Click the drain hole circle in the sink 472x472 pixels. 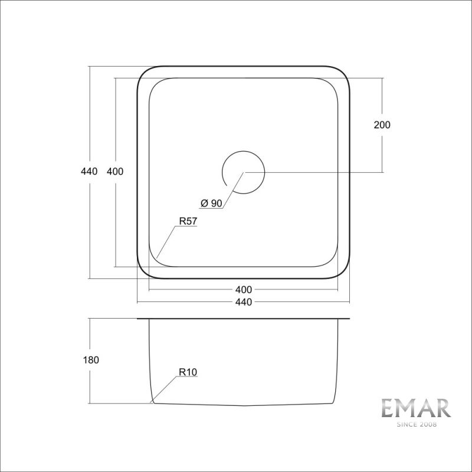[x=243, y=172]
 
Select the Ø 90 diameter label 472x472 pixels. [x=211, y=204]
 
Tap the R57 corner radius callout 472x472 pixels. [x=187, y=222]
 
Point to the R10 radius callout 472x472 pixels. [x=187, y=372]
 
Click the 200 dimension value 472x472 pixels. [x=382, y=125]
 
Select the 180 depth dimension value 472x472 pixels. [x=90, y=360]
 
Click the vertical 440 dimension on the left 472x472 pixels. [x=89, y=172]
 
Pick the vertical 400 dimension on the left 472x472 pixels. [x=115, y=172]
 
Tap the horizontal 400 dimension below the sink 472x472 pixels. [x=243, y=290]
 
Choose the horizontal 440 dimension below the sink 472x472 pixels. [x=243, y=302]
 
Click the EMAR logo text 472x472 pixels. [x=415, y=408]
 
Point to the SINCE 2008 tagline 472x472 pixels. [x=415, y=424]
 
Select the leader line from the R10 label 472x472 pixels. [x=165, y=389]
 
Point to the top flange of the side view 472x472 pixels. [x=243, y=319]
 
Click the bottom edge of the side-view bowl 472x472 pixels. [x=243, y=405]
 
